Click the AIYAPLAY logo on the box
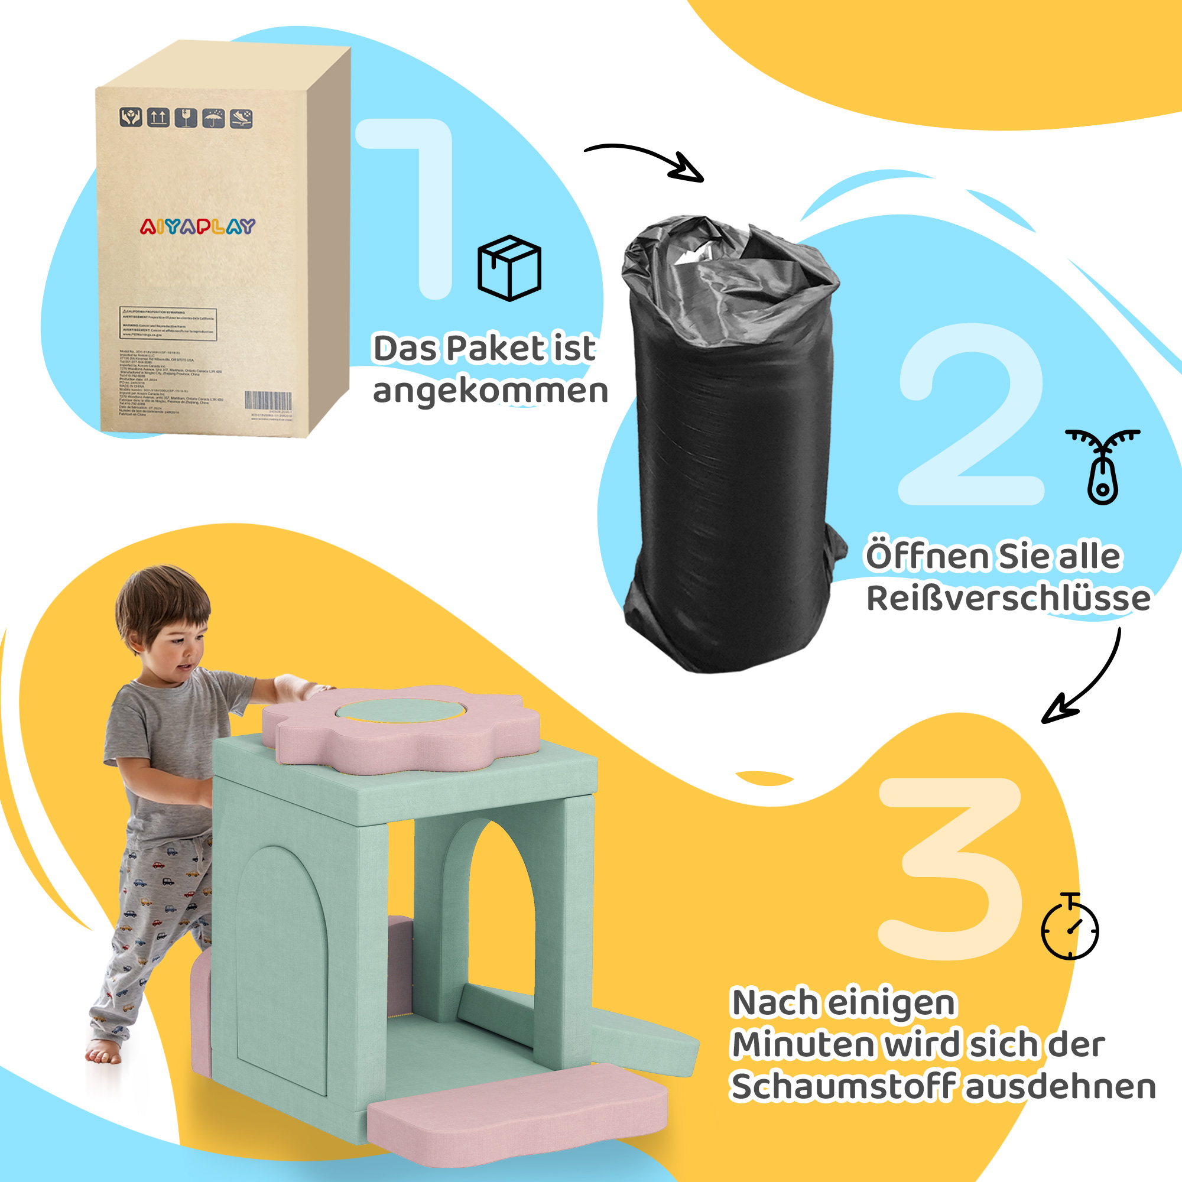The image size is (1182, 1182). (197, 227)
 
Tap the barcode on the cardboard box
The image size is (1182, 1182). (268, 401)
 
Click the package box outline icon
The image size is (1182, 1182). (509, 268)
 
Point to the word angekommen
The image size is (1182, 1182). (491, 392)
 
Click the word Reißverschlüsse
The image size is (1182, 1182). (1008, 598)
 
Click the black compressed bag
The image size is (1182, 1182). (731, 447)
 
